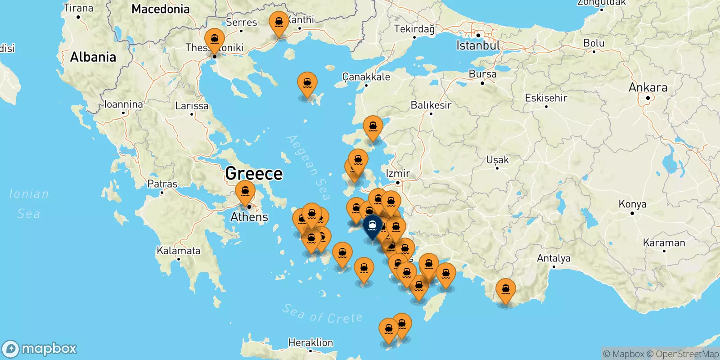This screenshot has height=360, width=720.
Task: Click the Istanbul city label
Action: click(478, 45)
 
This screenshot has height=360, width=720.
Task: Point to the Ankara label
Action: click(648, 87)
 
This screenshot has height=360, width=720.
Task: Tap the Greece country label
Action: click(254, 173)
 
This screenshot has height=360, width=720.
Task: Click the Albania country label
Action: click(93, 57)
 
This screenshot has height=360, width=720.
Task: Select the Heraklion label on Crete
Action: click(310, 343)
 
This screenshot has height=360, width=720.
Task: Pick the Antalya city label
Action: click(553, 258)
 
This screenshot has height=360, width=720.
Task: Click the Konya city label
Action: click(632, 204)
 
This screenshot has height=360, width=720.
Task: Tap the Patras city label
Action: click(162, 184)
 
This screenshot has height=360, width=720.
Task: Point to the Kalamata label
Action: click(179, 251)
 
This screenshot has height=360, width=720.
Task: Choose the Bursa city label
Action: click(482, 74)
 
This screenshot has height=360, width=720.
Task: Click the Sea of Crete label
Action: click(322, 314)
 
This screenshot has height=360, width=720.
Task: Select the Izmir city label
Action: click(398, 173)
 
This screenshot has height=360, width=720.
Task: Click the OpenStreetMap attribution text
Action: click(687, 354)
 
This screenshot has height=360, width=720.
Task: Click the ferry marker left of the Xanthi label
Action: click(279, 23)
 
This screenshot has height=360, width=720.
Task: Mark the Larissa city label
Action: click(192, 106)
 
